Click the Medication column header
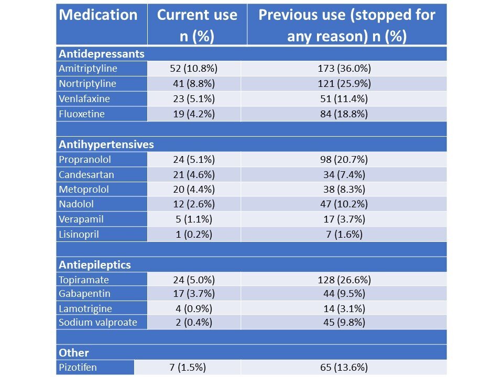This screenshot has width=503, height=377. pyautogui.click(x=99, y=15)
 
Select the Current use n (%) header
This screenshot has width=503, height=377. pyautogui.click(x=197, y=25)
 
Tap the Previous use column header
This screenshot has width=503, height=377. pyautogui.click(x=346, y=25)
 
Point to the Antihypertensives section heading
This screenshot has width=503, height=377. pyautogui.click(x=106, y=144)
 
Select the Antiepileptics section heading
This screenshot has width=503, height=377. pyautogui.click(x=95, y=264)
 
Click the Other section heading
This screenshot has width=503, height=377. pyautogui.click(x=74, y=352)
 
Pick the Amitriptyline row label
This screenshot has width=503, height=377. pyautogui.click(x=88, y=69)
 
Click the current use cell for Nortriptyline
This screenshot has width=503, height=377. pyautogui.click(x=193, y=83)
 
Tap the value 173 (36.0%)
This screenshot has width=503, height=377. pyautogui.click(x=344, y=69)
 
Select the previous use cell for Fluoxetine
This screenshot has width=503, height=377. pyautogui.click(x=344, y=114)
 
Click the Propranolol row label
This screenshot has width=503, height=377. pyautogui.click(x=85, y=159)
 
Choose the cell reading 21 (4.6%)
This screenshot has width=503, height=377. pyautogui.click(x=193, y=174)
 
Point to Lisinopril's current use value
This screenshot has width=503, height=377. pyautogui.click(x=193, y=235)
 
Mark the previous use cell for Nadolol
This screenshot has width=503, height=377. pyautogui.click(x=344, y=205)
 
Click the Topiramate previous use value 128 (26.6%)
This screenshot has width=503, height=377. pyautogui.click(x=344, y=280)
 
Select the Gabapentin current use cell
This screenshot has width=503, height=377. pyautogui.click(x=193, y=294)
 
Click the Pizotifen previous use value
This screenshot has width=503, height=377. pyautogui.click(x=344, y=367)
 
